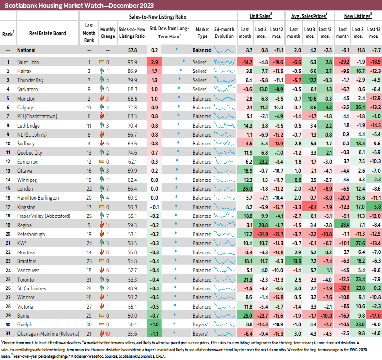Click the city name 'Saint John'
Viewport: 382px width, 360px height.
(x=28, y=62)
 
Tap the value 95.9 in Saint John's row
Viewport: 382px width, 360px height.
(x=132, y=62)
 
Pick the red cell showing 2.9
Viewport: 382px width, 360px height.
(x=154, y=62)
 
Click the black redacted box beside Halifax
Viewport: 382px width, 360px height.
(x=8, y=71)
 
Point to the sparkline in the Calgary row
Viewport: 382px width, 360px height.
(x=224, y=107)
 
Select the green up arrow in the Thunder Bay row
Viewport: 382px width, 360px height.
(x=101, y=80)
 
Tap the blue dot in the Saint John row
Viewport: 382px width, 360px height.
(x=184, y=62)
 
